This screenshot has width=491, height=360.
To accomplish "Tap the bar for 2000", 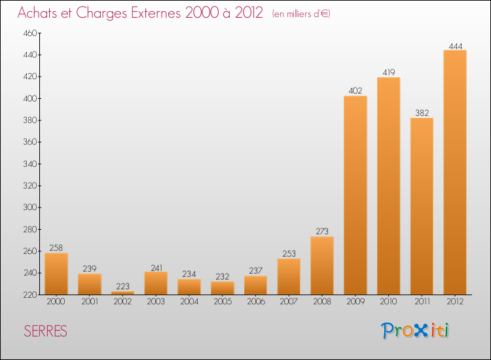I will pos(56,274).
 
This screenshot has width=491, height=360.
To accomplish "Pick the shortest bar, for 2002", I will pos(122,293).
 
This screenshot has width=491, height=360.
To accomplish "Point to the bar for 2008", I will pos(322,265).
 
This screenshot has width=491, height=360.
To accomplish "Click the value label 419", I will pos(389,73).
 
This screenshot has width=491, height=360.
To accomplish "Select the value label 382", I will pos(422,113).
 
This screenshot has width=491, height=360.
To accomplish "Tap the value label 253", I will pos(289,254).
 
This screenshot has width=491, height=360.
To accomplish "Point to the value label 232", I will pos(223,277).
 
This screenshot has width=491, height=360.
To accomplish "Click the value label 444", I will pos(455,46).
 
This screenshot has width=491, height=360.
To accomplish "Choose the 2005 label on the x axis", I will pos(223,302).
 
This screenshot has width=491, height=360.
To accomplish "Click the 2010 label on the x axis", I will pos(389,302).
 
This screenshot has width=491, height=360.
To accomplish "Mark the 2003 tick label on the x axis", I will pos(156,302).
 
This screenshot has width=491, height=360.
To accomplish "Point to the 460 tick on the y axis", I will pos(29,33).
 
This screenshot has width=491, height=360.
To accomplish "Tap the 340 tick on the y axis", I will pos(29,164).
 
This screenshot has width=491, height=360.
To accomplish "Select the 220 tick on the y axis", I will pos(29,295).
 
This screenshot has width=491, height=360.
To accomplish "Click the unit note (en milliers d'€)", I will pos(301,14).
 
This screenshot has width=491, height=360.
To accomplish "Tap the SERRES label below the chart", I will pos(45,331).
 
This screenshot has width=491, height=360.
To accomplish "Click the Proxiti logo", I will pos(415,331).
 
